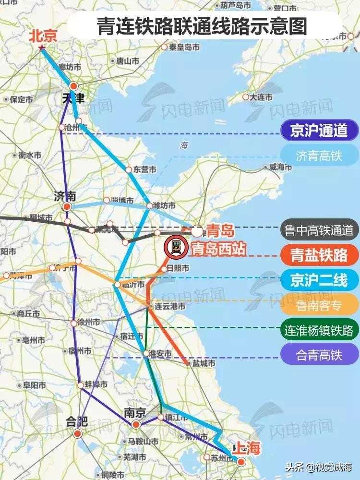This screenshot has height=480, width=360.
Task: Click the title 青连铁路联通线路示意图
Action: tap(202, 26)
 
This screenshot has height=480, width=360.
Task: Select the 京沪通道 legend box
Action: tap(319, 130)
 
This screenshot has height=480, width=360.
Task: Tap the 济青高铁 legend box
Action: tap(319, 156)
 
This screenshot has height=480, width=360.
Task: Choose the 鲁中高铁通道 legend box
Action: tap(319, 230)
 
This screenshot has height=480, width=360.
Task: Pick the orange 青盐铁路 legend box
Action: tap(319, 255)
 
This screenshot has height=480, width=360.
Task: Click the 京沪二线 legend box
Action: tap(319, 279)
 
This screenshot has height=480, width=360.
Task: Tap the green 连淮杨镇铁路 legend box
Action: tap(319, 330)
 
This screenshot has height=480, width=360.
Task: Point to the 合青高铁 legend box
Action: tap(319, 355)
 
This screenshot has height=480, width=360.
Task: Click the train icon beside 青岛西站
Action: tap(176, 248)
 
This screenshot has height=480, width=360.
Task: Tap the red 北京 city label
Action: tap(43, 36)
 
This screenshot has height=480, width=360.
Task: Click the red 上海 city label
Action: tap(246, 449)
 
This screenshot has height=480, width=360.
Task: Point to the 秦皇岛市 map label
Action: tap(184, 47)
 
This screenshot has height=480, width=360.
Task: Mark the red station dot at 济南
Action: tap(67, 206)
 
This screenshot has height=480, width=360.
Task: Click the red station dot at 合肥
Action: tap(78, 433)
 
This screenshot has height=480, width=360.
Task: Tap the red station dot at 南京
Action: tap(136, 424)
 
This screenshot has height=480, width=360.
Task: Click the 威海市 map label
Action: tap(277, 168)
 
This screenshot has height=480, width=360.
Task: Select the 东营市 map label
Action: tap(144, 169)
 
